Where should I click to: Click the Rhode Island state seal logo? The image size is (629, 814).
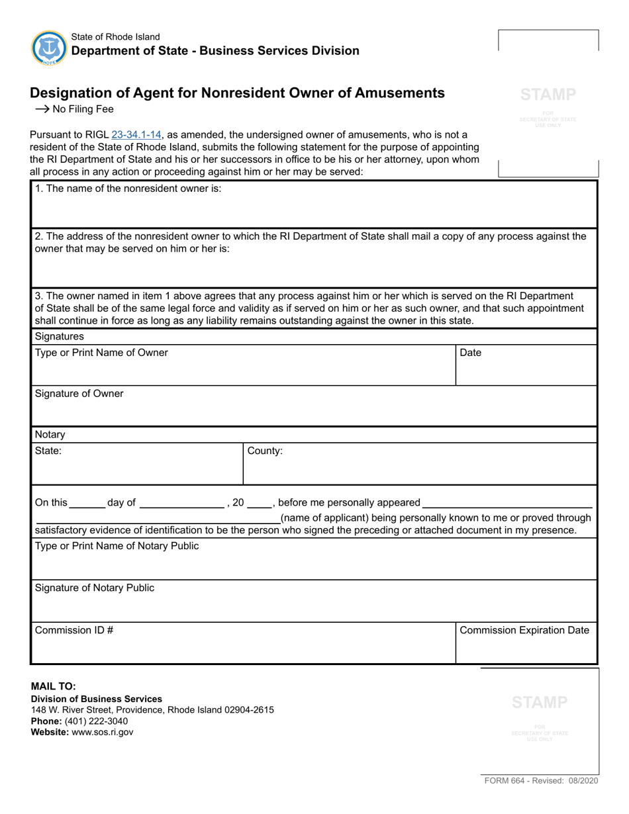click(48, 48)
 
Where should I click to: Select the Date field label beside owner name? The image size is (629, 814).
click(470, 353)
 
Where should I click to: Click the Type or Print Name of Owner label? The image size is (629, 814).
click(101, 353)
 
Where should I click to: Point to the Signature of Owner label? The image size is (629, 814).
click(79, 394)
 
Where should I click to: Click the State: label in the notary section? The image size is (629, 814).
click(48, 451)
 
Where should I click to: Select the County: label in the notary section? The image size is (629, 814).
click(265, 451)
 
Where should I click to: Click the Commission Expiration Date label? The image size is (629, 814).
click(524, 630)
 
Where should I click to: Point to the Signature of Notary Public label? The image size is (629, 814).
click(95, 588)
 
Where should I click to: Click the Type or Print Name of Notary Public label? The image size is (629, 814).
click(117, 546)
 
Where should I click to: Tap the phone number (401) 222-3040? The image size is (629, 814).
click(98, 721)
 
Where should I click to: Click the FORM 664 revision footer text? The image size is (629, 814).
click(541, 782)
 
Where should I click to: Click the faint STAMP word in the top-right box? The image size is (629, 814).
click(548, 95)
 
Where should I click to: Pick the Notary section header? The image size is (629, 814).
click(50, 435)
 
